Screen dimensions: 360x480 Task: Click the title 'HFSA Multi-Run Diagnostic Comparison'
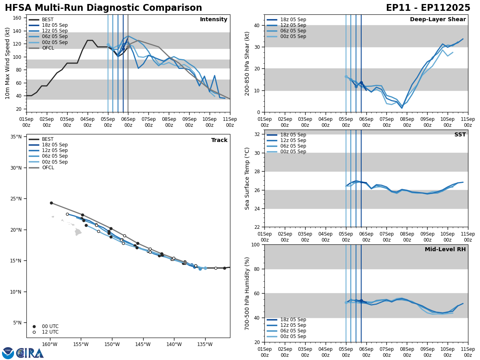[103, 8]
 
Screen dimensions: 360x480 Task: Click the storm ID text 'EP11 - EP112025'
[428, 8]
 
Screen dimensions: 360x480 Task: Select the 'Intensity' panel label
[214, 20]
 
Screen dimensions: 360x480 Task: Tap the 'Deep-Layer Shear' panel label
[438, 20]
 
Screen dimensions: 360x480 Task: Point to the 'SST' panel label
[460, 135]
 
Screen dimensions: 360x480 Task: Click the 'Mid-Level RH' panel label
[445, 250]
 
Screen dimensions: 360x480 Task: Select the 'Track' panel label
[219, 140]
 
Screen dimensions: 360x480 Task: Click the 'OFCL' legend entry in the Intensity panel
[48, 48]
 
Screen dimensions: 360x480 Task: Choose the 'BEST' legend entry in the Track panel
[48, 139]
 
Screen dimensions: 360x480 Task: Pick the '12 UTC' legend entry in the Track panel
[50, 332]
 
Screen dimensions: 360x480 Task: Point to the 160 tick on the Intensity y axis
[17, 18]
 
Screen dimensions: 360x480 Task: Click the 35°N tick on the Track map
[16, 137]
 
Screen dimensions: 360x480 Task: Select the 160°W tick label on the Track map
[50, 344]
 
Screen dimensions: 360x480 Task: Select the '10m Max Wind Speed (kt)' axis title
[8, 63]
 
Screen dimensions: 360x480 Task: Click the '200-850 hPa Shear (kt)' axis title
[247, 63]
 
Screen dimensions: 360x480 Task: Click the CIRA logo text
[30, 353]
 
